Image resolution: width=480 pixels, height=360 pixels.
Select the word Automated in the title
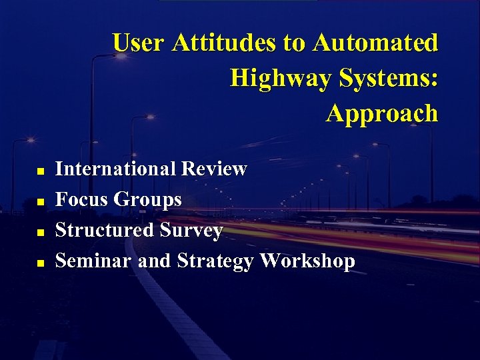click(375, 43)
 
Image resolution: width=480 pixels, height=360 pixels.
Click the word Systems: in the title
click(389, 79)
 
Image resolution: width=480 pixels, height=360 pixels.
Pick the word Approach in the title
click(382, 114)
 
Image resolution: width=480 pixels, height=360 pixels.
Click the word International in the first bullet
click(117, 169)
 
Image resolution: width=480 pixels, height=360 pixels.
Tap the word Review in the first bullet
click(215, 169)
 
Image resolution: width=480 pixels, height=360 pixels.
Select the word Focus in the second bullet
click(82, 199)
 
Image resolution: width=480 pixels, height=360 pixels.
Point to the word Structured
click(105, 230)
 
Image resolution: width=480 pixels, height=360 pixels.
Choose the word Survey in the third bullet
click(191, 231)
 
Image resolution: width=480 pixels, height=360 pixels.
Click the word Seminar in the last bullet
click(93, 260)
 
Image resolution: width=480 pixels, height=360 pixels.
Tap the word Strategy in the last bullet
click(215, 261)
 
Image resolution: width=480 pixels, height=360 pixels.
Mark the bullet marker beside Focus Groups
click(40, 201)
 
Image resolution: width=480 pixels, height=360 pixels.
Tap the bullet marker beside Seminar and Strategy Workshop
click(40, 263)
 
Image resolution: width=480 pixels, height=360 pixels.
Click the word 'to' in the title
click(293, 43)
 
